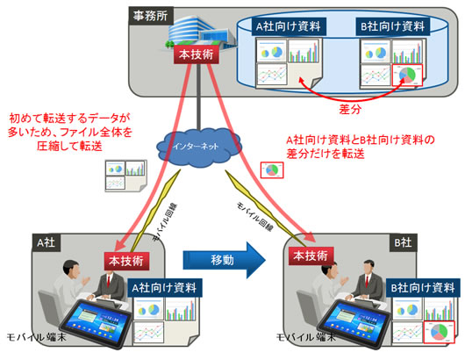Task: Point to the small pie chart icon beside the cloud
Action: click(x=273, y=167)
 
